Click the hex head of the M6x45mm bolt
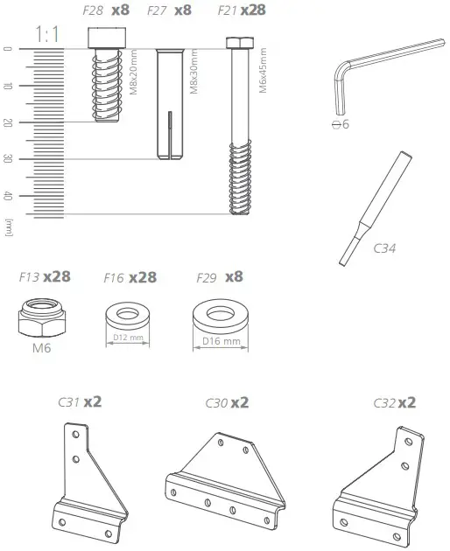[x=235, y=43]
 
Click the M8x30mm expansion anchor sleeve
[x=170, y=103]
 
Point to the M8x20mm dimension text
[x=133, y=73]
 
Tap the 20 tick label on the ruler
[x=8, y=122]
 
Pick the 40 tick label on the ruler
[x=8, y=196]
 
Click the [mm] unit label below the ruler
[x=8, y=227]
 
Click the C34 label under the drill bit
[x=384, y=248]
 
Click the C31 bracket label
[x=69, y=402]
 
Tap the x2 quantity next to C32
[x=406, y=402]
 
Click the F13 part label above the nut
[x=28, y=277]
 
